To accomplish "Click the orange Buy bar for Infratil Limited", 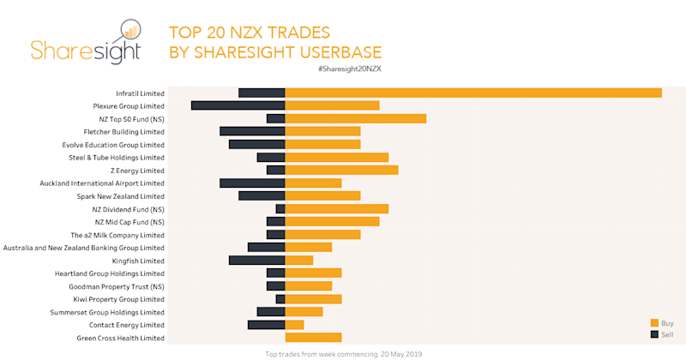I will coord(472,93).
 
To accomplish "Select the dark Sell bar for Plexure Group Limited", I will coord(238,105).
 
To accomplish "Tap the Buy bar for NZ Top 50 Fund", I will coord(355,118).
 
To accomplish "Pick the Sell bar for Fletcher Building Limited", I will coord(252,131).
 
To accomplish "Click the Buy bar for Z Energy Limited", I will coord(341,170).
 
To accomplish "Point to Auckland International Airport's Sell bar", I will coord(252,183).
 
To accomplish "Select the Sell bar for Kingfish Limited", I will coord(256,260).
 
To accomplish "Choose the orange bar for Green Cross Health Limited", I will coord(313,337).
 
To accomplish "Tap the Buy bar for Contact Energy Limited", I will coord(294,324).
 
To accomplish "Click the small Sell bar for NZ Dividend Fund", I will coord(280,208).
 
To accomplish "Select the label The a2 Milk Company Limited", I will coord(117,235).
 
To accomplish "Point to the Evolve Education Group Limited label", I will coord(112,145).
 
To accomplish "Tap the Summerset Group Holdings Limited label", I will coord(109,312).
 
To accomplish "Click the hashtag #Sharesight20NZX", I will coord(349,68).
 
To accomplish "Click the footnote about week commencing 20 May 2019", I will coord(343,353).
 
